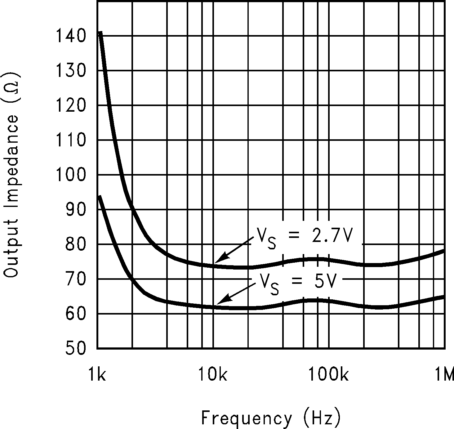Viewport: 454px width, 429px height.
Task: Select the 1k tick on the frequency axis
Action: click(97, 375)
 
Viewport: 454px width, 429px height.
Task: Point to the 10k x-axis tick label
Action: click(213, 375)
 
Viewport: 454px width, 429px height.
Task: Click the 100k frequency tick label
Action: click(328, 375)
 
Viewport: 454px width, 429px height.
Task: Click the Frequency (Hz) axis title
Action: click(271, 418)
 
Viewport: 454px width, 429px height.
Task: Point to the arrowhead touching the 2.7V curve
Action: click(217, 261)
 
